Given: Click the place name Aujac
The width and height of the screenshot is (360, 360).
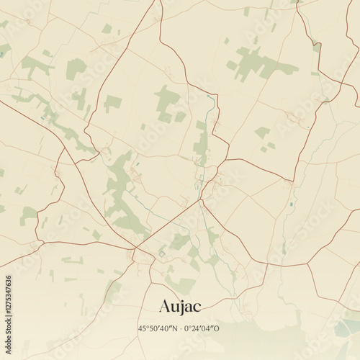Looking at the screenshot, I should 179,307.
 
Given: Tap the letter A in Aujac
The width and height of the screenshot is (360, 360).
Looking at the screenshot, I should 163,306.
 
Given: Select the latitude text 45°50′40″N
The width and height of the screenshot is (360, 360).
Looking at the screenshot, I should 161,329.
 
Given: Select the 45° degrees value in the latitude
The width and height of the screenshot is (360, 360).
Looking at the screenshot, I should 144,329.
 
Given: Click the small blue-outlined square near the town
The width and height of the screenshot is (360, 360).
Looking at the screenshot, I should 162,253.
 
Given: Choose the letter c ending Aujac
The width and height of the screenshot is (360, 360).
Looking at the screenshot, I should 197,307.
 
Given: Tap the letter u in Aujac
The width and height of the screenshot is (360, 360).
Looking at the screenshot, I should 175,307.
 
